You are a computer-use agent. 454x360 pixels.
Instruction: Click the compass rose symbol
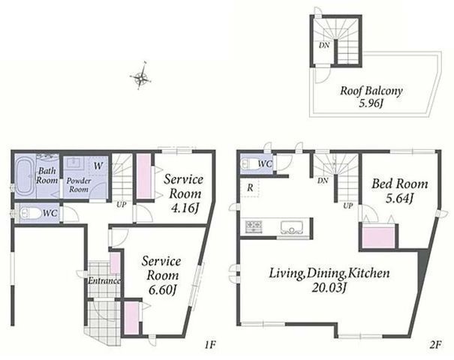pos(140,76)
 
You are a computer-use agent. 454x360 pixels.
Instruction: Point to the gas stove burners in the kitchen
pos(254,226)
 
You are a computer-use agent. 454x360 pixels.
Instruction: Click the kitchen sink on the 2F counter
pos(292,227)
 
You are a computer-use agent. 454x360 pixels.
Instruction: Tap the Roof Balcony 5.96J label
pos(371,97)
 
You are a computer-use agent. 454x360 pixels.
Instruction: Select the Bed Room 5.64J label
pos(399,190)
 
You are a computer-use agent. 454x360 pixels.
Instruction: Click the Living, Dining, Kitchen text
pos(329,273)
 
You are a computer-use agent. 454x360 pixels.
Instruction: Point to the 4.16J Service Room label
pos(184,193)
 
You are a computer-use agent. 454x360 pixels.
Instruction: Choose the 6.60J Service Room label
pos(161,275)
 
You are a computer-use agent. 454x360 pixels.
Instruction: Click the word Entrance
pos(104,280)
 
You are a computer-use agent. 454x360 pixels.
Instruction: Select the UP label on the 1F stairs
pos(122,205)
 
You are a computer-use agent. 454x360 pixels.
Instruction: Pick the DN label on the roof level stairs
pos(324,46)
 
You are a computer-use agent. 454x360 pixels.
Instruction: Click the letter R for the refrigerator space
pos(250,187)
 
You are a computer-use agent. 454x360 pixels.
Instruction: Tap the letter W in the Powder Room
pos(98,166)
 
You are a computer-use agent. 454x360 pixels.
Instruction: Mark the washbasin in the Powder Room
pos(74,163)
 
